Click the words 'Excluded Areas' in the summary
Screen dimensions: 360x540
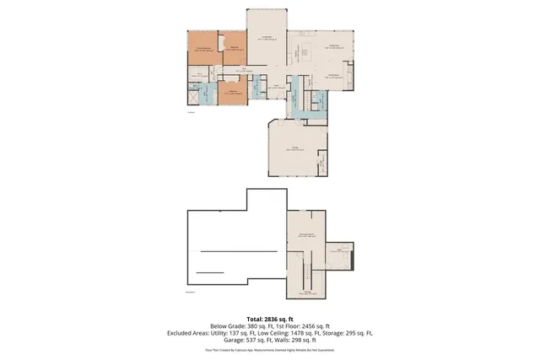(x=190, y=333)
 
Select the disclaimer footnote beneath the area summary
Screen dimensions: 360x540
(x=270, y=349)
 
